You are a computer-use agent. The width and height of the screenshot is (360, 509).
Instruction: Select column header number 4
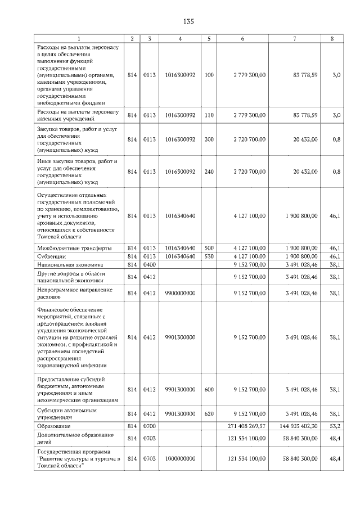(179, 38)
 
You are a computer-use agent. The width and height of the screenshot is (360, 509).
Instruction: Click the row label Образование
(54, 427)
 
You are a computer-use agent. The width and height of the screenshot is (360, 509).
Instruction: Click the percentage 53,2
(335, 427)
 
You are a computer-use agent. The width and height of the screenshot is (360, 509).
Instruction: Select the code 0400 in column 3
(149, 264)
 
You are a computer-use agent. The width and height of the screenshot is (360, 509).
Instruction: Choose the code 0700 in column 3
(149, 427)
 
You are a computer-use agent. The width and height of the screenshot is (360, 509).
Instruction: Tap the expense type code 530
(209, 256)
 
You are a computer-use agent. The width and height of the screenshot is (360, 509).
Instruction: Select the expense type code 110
(209, 115)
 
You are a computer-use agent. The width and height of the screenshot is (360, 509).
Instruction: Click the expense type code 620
(209, 414)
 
